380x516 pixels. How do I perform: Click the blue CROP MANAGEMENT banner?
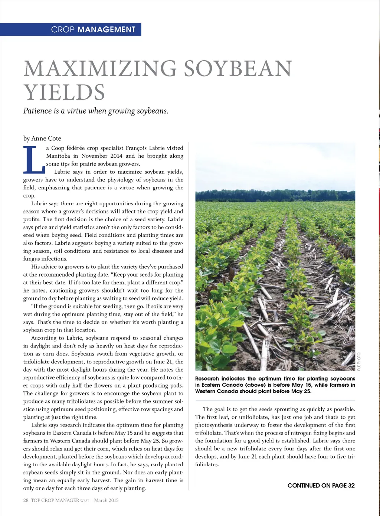coord(71,29)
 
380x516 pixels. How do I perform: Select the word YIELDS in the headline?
coord(64,92)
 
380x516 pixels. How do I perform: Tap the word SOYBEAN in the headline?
coord(238,69)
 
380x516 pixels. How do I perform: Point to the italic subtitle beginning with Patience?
coord(96,111)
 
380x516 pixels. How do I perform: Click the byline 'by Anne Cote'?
coord(42,138)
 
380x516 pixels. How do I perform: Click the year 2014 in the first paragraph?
coord(116,156)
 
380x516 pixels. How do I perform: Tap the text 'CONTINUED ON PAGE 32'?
coord(321,485)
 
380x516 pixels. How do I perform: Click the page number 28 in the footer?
coord(26,500)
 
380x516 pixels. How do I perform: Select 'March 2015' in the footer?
coord(106,500)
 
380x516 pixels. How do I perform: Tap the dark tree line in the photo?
coord(275,196)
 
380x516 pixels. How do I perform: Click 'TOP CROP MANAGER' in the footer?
coord(55,500)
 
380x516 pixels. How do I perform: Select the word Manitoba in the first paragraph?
coord(58,156)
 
